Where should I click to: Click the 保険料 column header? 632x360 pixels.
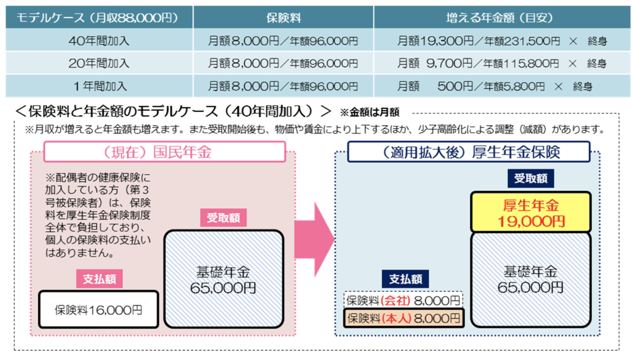coord(283,18)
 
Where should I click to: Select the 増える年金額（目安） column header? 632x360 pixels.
coord(501,18)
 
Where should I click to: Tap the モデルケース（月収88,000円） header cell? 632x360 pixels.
coord(99,18)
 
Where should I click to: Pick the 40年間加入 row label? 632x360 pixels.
coord(99,41)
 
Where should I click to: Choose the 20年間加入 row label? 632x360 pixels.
coord(99,64)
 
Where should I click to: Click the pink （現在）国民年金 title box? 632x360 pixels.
coord(165,152)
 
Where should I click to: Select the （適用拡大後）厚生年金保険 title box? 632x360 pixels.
coord(469,152)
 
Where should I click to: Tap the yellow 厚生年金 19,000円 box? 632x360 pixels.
coord(531,213)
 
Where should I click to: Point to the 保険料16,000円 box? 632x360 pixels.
coord(98,310)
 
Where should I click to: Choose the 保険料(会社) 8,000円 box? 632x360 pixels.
coord(403,300)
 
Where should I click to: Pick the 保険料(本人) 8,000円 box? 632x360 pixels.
coord(403,318)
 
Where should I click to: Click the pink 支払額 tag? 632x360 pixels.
coord(99,279)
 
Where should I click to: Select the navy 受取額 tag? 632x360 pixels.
coord(531,178)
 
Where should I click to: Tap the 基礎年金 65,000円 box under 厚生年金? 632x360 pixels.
coord(531,279)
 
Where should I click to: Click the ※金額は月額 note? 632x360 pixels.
coord(370,113)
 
